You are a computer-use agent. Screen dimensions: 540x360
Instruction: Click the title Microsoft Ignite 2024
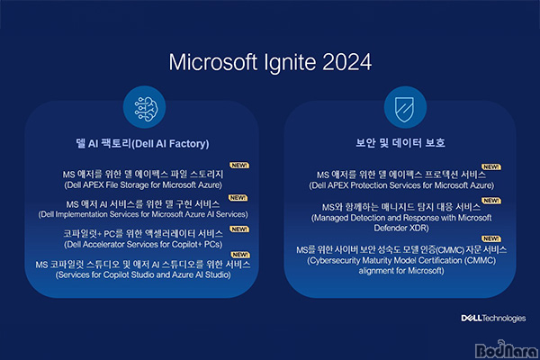click(x=270, y=62)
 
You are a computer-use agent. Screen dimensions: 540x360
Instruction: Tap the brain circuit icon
click(x=145, y=107)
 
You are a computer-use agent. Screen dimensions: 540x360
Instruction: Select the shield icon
click(x=405, y=109)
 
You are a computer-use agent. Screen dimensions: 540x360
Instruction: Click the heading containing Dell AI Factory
click(x=142, y=143)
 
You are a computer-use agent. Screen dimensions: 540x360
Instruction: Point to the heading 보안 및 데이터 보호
click(x=400, y=142)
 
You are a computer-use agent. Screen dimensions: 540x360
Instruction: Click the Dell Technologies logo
click(x=493, y=318)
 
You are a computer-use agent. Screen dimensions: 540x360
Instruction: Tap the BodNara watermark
click(x=506, y=350)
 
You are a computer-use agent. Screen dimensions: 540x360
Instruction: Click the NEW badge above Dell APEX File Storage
click(x=239, y=166)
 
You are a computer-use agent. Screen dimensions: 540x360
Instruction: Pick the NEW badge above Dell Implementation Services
click(x=238, y=198)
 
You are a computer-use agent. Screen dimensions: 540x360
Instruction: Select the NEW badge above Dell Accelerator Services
click(x=239, y=229)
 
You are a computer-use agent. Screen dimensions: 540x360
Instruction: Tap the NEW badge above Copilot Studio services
click(x=240, y=255)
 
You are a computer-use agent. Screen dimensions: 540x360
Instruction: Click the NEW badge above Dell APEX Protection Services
click(x=491, y=167)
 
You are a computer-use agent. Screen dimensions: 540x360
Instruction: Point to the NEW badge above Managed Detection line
click(x=491, y=201)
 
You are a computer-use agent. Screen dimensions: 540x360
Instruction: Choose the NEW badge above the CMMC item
click(x=491, y=238)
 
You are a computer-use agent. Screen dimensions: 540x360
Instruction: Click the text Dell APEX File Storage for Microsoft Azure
click(x=143, y=185)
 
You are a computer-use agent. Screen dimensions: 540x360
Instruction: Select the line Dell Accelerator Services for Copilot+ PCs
click(x=143, y=244)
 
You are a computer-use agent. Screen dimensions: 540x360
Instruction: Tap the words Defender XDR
click(x=401, y=228)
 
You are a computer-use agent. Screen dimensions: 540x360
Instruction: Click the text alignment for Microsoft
click(x=401, y=271)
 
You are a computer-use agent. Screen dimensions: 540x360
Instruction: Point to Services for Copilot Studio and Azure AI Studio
click(x=143, y=274)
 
